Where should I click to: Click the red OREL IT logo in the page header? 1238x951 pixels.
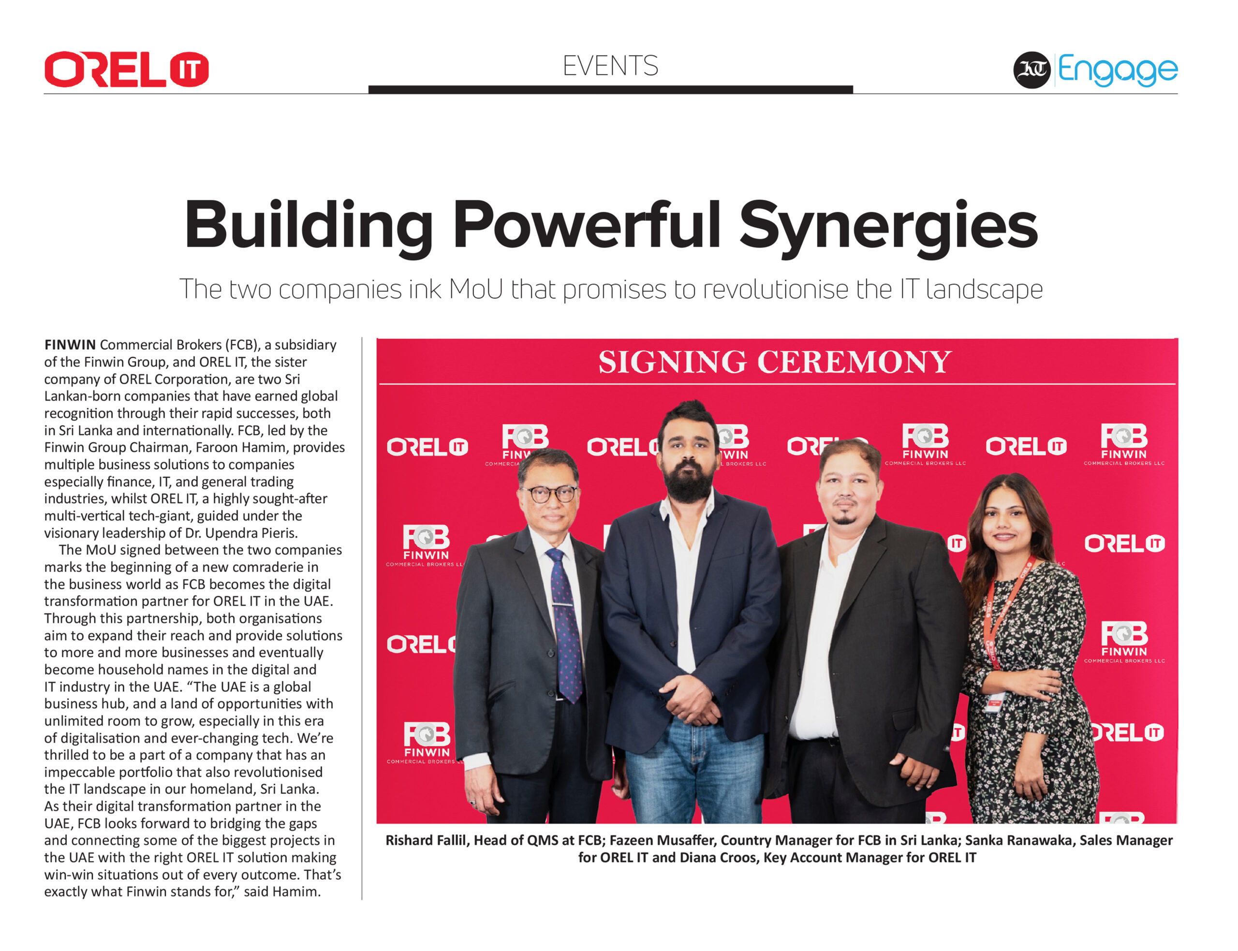pyautogui.click(x=126, y=70)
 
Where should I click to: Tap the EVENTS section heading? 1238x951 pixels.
pyautogui.click(x=610, y=66)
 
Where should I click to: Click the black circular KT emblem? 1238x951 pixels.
pyautogui.click(x=1032, y=70)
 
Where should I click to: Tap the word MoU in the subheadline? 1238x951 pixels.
pyautogui.click(x=475, y=289)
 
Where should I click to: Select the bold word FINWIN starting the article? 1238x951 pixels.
pyautogui.click(x=70, y=345)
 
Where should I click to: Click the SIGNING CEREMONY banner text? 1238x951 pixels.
pyautogui.click(x=775, y=362)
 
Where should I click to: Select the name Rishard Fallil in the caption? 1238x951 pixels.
pyautogui.click(x=426, y=841)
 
